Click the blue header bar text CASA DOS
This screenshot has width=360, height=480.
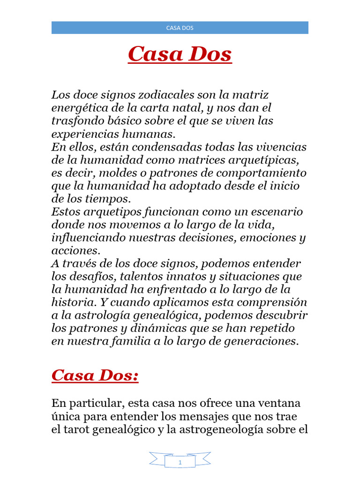180,28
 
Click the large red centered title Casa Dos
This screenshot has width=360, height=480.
180,54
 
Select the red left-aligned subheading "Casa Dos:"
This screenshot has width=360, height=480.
95,375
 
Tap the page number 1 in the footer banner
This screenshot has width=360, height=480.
180,463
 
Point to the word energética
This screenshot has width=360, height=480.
77,108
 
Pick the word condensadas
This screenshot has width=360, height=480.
171,147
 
